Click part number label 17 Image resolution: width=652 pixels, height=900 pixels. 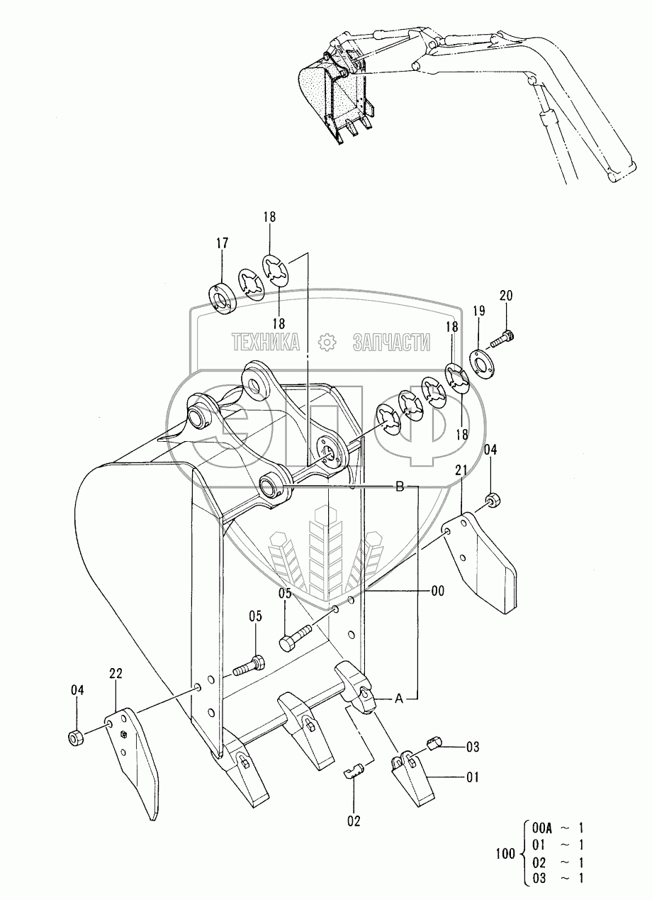pyautogui.click(x=222, y=243)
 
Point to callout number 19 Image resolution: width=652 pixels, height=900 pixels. pyautogui.click(x=479, y=310)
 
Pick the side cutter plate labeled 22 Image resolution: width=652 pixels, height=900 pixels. pyautogui.click(x=135, y=759)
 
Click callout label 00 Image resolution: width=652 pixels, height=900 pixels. pyautogui.click(x=439, y=591)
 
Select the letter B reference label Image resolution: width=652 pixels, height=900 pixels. pyautogui.click(x=399, y=487)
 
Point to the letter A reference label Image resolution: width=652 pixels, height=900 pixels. pyautogui.click(x=399, y=699)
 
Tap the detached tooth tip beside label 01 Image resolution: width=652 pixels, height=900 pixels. pyautogui.click(x=419, y=774)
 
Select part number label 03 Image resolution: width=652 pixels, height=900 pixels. pyautogui.click(x=473, y=747)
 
